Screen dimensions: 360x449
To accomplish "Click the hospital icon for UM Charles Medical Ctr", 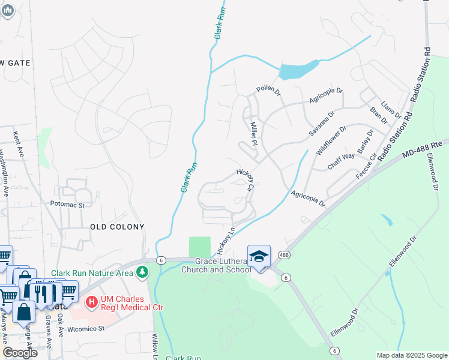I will (x=91, y=301).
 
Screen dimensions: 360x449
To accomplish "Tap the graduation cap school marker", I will (x=259, y=256).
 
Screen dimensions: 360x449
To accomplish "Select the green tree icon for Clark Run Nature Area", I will (x=142, y=272).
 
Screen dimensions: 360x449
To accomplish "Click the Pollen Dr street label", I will (x=268, y=91).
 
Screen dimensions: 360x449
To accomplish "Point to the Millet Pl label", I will (x=253, y=133).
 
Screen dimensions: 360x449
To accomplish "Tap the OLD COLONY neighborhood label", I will (x=117, y=227).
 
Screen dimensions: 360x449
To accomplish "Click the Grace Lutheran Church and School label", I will (x=222, y=265).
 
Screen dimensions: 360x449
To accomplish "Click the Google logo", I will (x=20, y=353).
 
